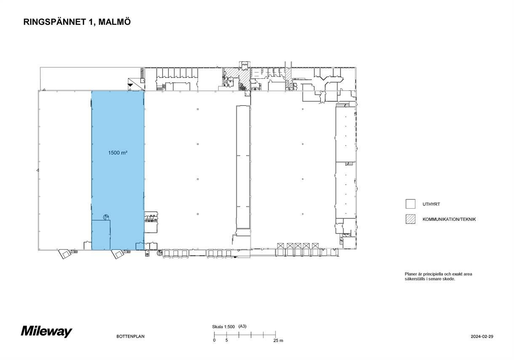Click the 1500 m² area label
click(x=118, y=153)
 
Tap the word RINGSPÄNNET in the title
click(x=55, y=22)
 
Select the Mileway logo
click(x=46, y=331)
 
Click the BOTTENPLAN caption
click(x=130, y=336)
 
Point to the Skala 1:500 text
click(x=223, y=327)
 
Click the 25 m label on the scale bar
click(x=278, y=341)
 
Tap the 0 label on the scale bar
click(x=214, y=340)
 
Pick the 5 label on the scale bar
click(x=227, y=340)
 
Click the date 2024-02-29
click(x=482, y=336)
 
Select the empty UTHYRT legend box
click(x=410, y=204)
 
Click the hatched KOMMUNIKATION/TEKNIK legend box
click(x=410, y=219)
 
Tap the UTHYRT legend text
click(x=431, y=204)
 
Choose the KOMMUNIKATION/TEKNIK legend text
click(x=449, y=219)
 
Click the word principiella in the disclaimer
click(x=431, y=274)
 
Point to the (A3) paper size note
click(x=242, y=326)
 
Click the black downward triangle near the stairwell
click(x=130, y=85)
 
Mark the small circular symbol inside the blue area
click(x=106, y=217)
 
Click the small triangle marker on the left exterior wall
click(x=37, y=170)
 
